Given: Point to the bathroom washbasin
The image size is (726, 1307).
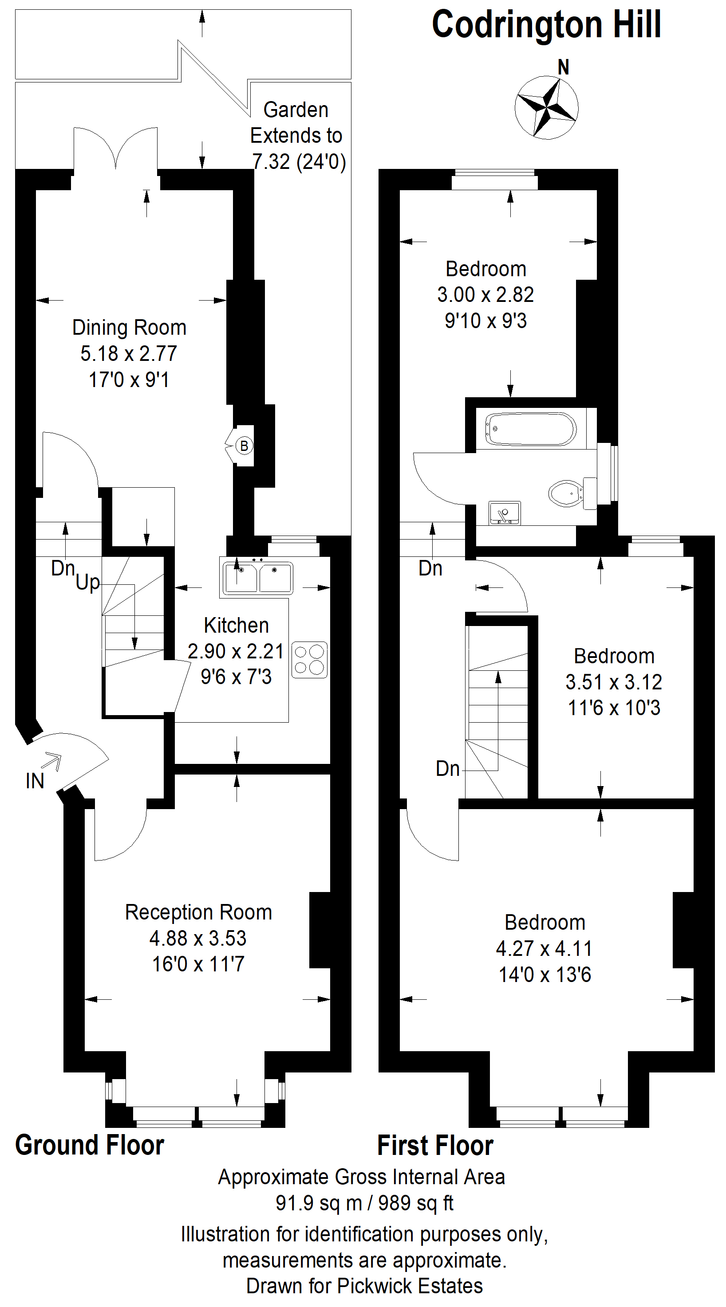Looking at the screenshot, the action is pos(504,513).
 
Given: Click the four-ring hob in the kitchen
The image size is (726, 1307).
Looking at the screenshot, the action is pos(309,660).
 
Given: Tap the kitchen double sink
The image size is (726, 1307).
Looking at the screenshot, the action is pos(257,577).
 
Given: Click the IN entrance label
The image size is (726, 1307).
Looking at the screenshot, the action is pos(35,781).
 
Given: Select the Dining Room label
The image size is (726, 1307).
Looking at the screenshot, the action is pos(130,328).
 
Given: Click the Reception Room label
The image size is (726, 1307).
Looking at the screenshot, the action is pos(198,912).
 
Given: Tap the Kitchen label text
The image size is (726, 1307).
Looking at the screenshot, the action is pos(236,626).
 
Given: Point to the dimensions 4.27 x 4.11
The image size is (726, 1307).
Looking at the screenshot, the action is pos(544,948).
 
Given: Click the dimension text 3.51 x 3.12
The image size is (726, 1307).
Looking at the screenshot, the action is pos(614,682).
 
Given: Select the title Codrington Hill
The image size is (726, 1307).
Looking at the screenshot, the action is pos(546,24).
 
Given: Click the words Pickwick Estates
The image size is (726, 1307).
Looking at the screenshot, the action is pos(410,1286).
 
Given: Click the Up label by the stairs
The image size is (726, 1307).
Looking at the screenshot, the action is pos(88,583).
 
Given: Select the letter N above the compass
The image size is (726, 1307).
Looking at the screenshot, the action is pos(563,67).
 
